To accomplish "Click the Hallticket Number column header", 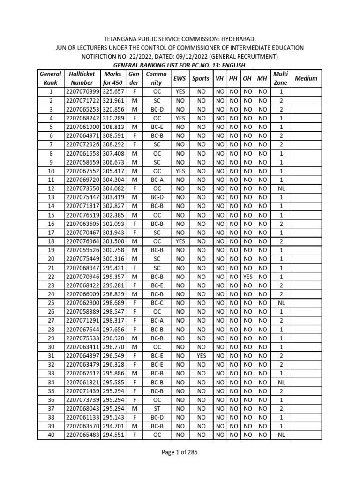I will (x=82, y=78).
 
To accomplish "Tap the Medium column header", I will (x=306, y=78).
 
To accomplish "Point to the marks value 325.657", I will (x=113, y=92).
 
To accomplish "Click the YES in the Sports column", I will (x=202, y=356).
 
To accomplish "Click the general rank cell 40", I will (x=51, y=435).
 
